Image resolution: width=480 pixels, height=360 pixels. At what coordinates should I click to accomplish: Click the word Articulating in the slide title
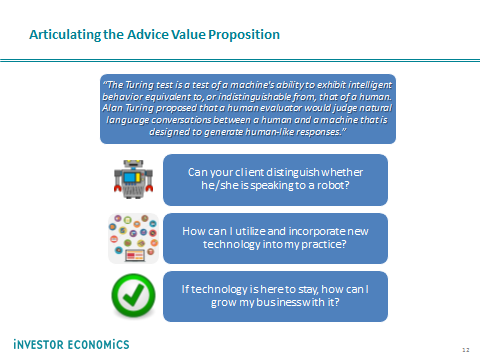pos(65,35)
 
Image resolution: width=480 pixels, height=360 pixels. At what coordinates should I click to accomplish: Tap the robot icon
pos(133,179)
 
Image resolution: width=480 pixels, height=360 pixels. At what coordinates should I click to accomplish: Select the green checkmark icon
pos(133,295)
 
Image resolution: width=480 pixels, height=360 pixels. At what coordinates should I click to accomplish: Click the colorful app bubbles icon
pos(133,238)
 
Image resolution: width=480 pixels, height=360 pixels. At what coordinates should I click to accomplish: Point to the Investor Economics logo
pos(71,344)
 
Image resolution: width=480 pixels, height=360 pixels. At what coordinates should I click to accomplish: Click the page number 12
pos(466,350)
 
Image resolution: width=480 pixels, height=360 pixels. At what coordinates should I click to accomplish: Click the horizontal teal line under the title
pos(240,60)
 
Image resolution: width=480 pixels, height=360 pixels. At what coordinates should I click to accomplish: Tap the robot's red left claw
pos(117,188)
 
